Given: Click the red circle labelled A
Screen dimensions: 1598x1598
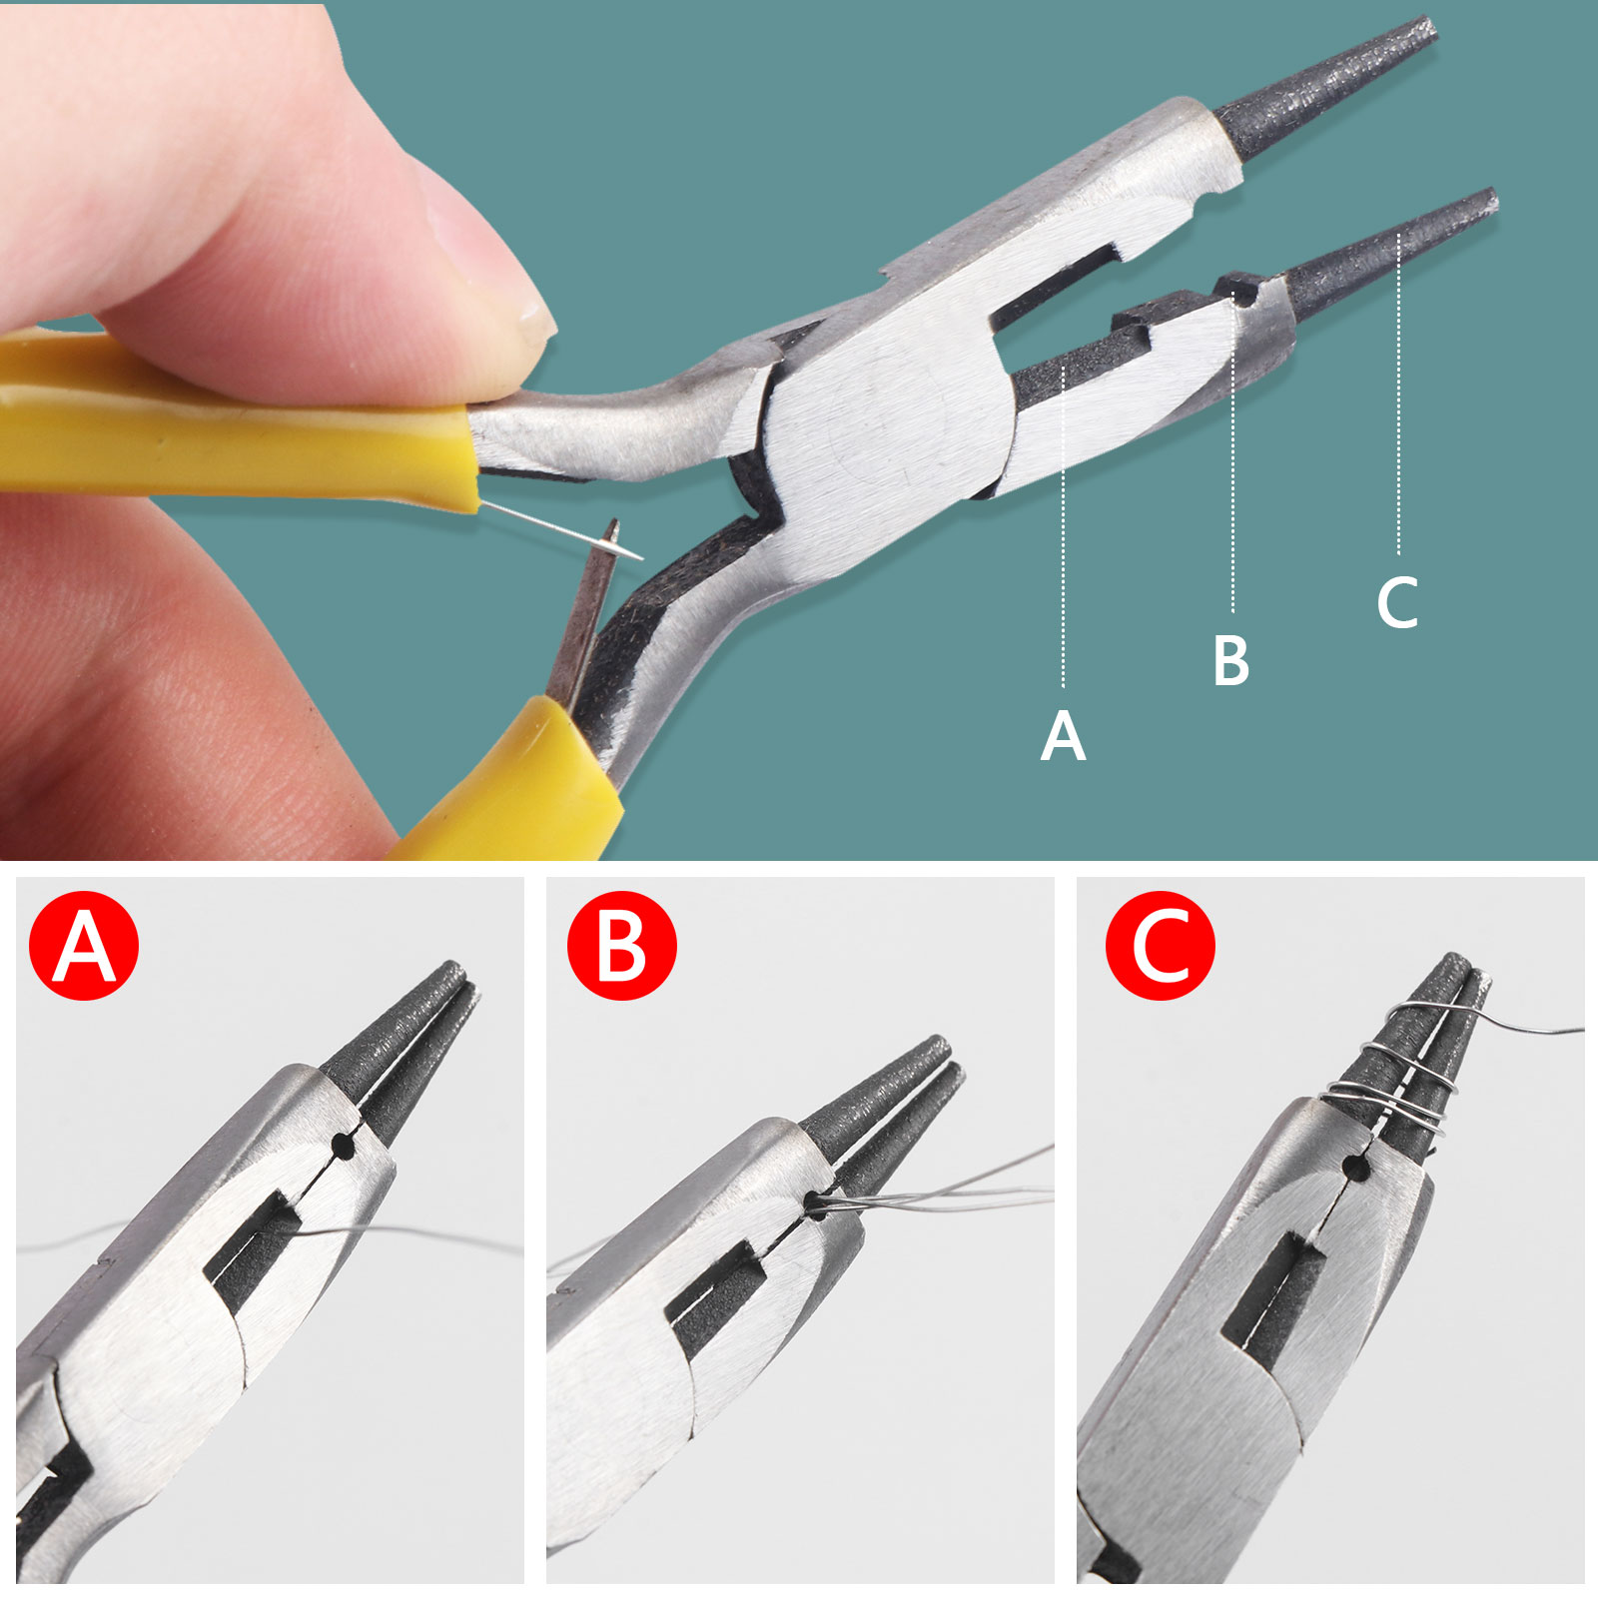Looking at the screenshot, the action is (x=84, y=945).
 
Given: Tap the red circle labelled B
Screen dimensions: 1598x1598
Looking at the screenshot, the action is (x=621, y=945).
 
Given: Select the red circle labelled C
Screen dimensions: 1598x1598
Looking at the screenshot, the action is (x=1160, y=945).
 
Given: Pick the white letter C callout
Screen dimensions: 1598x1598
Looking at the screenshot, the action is (x=1397, y=602).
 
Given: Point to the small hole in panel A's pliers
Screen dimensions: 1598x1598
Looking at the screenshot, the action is (x=345, y=1147).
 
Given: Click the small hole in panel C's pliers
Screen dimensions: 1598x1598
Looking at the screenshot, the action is (x=1356, y=1165).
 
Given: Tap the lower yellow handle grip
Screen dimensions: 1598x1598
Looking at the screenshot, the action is (x=509, y=784).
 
